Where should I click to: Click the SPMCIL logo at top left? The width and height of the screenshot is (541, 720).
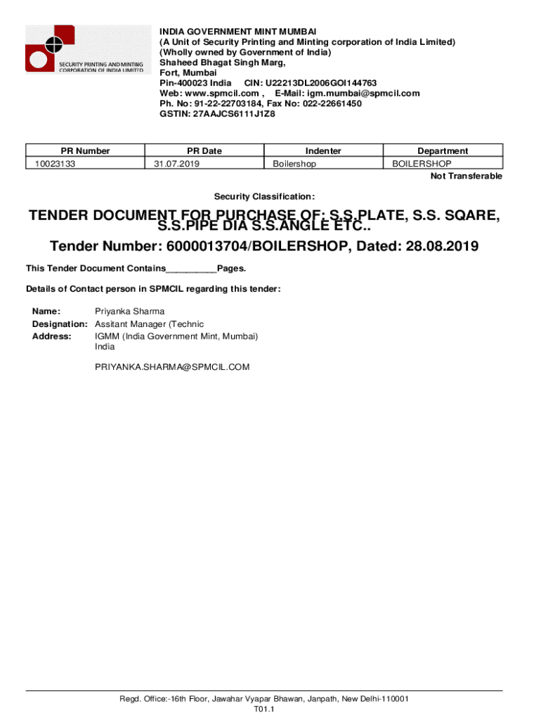(x=84, y=49)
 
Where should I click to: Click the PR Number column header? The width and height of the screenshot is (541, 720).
(x=85, y=150)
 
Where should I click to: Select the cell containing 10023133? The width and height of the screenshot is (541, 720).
(x=52, y=164)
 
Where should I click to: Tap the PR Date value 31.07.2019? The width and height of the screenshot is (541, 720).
(x=177, y=164)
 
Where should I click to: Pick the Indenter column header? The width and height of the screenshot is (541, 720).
(x=323, y=150)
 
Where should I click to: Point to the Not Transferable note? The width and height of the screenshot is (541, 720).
(x=466, y=176)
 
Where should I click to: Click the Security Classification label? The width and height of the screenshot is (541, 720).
(x=264, y=196)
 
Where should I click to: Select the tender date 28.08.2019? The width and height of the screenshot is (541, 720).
(x=436, y=247)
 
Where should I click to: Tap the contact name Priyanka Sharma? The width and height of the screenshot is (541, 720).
(x=129, y=311)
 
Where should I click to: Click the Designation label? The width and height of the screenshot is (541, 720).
(x=60, y=324)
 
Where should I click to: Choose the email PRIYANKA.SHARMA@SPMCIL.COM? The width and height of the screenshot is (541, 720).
(x=172, y=367)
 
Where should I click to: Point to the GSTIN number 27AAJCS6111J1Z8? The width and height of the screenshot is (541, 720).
(x=233, y=113)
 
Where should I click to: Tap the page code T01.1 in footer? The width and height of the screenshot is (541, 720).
(x=263, y=709)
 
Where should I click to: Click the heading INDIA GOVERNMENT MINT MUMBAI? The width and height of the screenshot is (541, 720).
(x=237, y=32)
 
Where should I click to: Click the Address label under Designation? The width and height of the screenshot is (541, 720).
(x=52, y=337)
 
